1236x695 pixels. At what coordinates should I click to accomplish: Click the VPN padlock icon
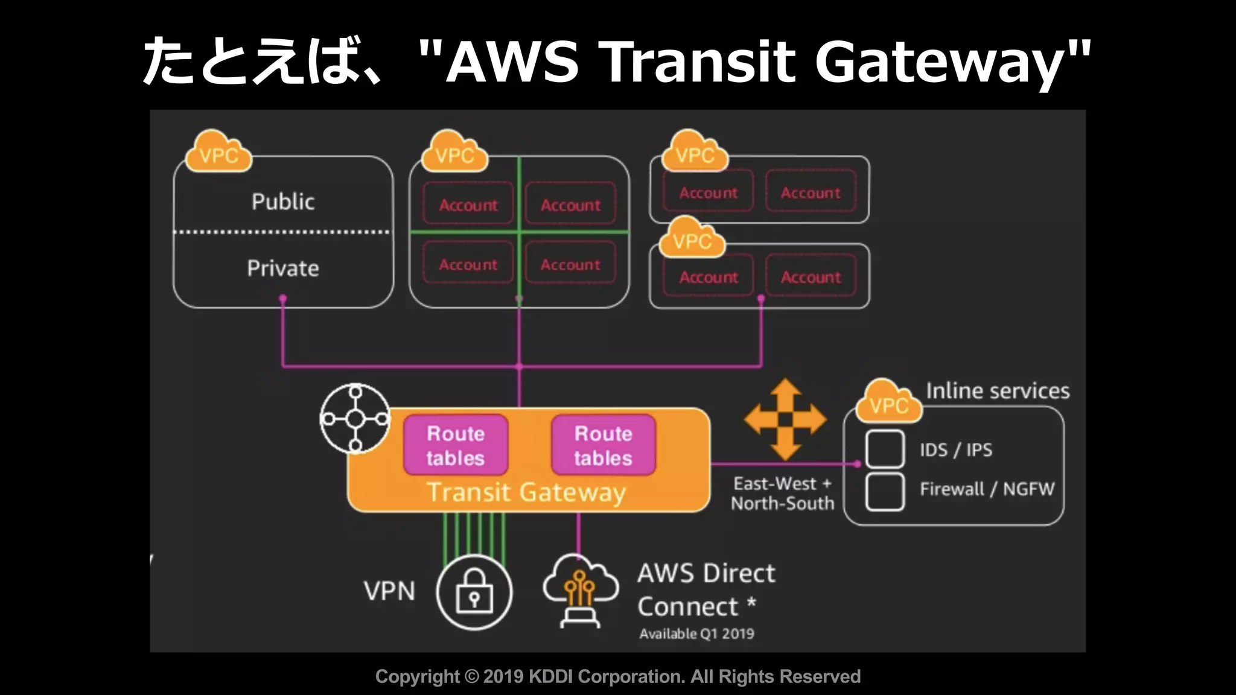474,592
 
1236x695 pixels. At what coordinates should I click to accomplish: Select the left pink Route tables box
456,445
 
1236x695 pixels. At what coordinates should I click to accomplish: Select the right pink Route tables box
603,445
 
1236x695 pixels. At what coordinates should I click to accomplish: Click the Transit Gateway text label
526,492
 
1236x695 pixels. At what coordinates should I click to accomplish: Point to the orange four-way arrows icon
785,419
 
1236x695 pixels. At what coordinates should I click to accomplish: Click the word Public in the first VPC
283,202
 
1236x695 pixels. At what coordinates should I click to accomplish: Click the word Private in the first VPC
283,268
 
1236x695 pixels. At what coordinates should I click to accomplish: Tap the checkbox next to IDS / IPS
885,449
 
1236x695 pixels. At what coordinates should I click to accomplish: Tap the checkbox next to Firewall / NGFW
885,492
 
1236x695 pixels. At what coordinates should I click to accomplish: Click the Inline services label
998,391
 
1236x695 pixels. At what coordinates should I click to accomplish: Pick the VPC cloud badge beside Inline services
889,403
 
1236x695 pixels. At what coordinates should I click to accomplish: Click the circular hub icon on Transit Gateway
355,418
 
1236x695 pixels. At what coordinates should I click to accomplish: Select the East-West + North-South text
782,493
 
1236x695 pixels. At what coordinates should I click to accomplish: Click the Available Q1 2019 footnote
696,634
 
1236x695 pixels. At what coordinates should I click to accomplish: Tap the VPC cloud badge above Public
218,154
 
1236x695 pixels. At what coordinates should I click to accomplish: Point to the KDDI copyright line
618,677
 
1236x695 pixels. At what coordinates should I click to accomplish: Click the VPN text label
389,591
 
